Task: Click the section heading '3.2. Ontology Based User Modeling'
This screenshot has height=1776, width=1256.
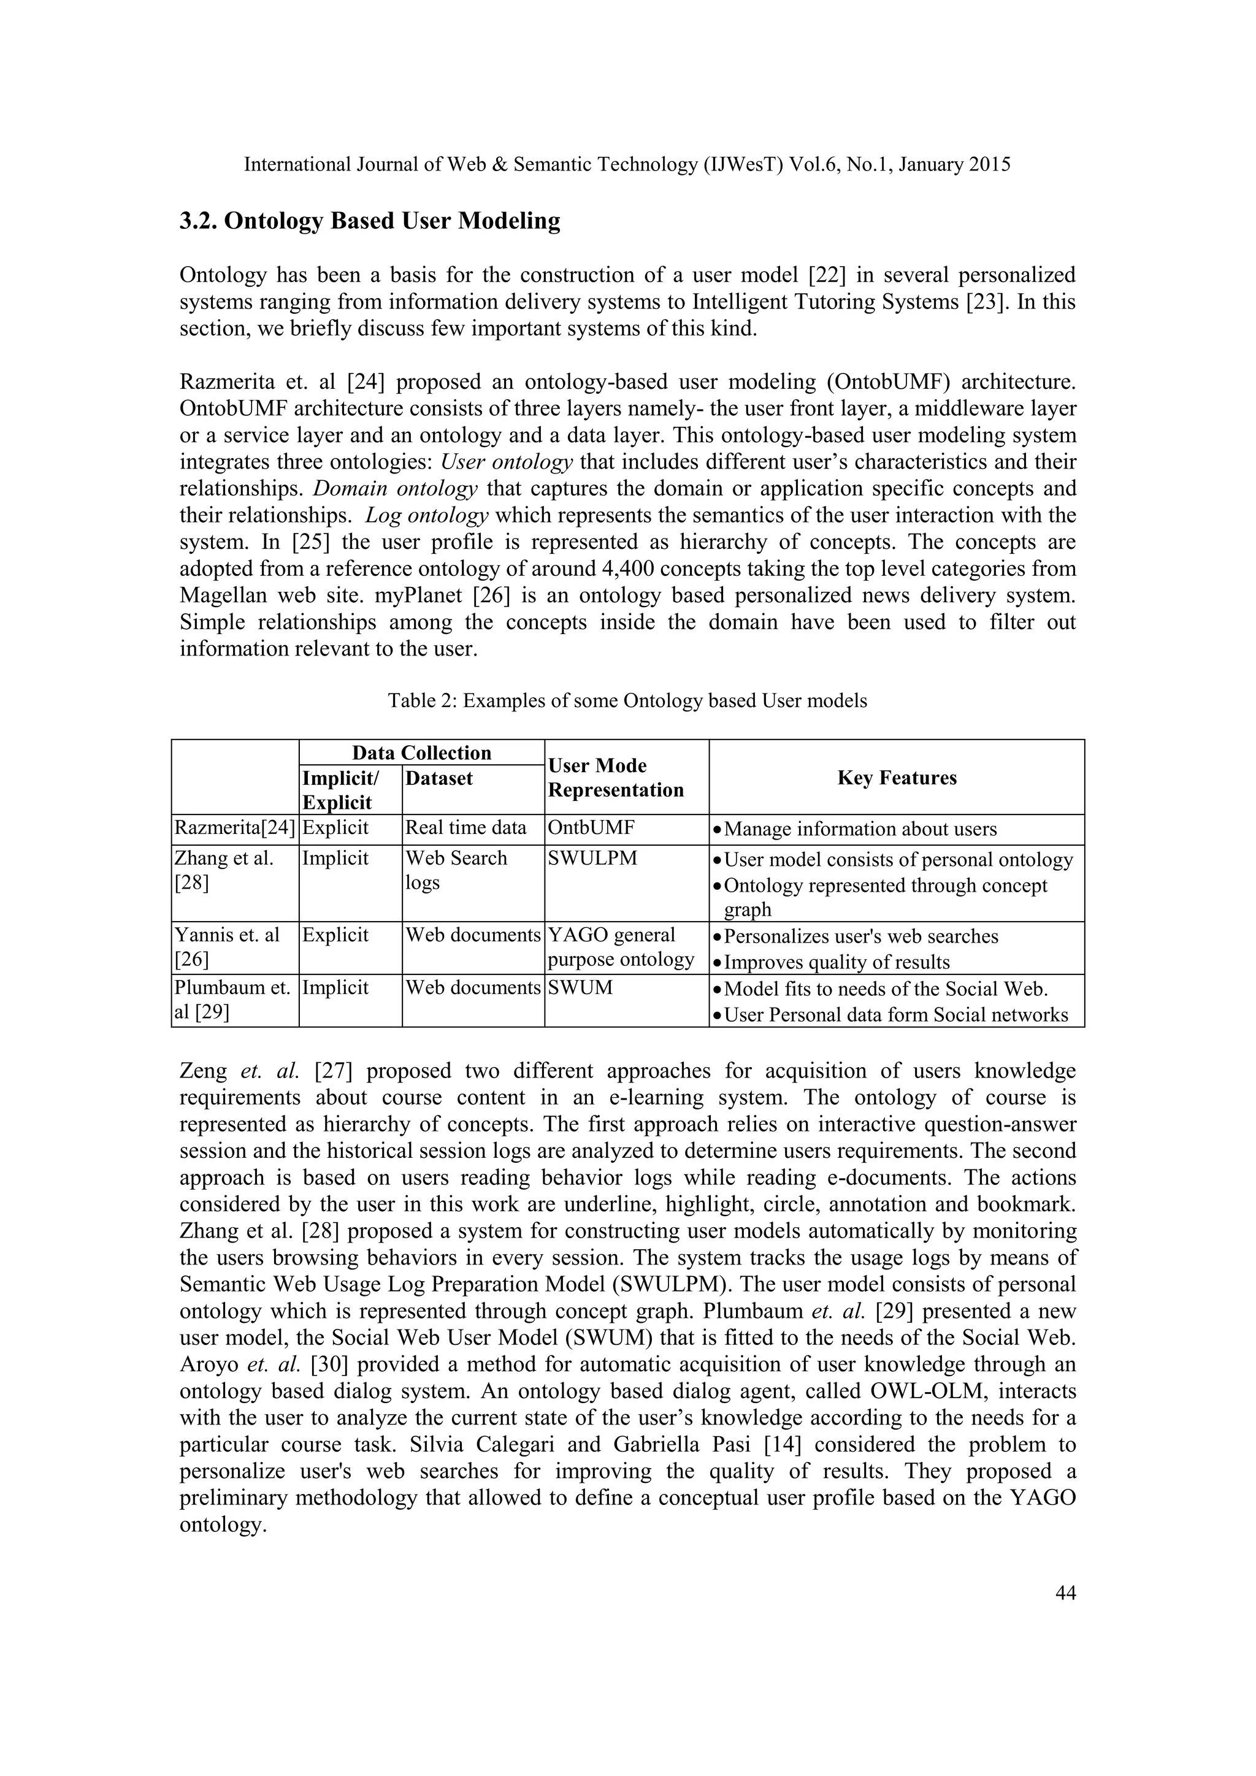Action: click(370, 221)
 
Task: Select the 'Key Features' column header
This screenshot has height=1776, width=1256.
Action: click(897, 778)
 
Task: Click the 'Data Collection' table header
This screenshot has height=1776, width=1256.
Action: click(421, 752)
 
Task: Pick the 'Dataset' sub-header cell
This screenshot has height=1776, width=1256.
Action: click(438, 778)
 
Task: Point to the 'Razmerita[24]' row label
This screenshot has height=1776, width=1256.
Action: click(235, 829)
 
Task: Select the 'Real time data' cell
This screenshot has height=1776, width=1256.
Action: click(465, 829)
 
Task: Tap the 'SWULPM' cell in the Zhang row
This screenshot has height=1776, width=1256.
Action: click(592, 859)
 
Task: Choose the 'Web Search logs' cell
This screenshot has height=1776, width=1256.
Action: click(456, 870)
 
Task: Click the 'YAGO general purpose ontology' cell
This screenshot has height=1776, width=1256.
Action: click(620, 947)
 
